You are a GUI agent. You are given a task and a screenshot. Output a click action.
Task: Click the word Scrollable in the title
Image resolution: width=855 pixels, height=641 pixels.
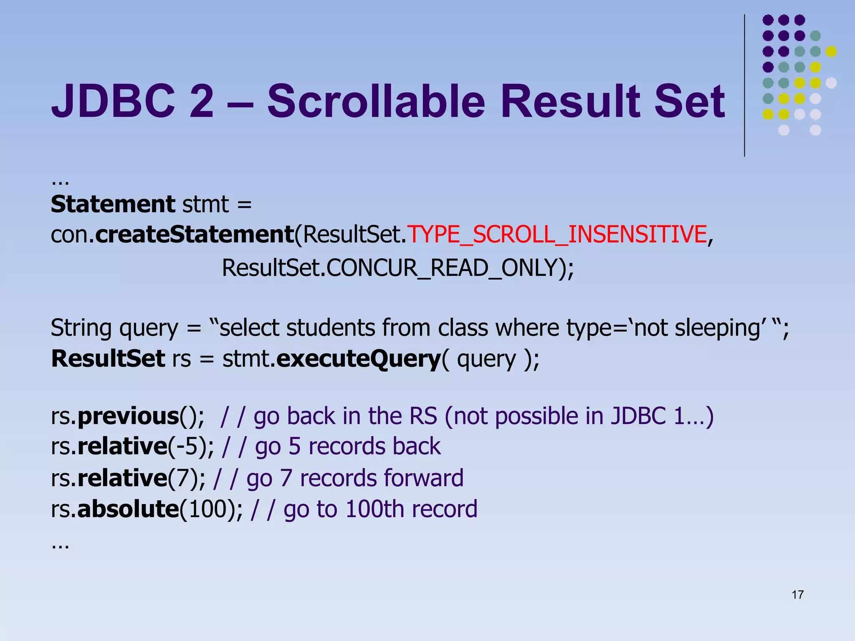376,101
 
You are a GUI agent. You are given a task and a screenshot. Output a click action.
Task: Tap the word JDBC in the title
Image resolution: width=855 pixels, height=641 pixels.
113,101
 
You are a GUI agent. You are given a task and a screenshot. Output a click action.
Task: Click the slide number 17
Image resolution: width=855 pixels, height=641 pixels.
797,595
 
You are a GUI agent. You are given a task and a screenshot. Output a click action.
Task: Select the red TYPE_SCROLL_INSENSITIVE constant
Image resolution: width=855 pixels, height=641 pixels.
557,234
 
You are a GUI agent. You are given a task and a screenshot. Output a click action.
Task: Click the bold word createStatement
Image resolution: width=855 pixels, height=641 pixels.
195,234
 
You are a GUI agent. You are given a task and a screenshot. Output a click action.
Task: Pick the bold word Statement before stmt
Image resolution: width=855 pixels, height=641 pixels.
113,204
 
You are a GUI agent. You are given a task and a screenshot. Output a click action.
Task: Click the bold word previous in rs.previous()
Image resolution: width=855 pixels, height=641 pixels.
128,416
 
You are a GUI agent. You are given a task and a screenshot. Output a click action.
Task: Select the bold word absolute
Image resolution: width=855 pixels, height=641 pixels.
128,509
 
